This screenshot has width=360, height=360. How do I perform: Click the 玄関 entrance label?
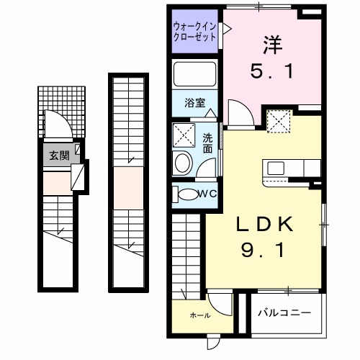(x=58, y=155)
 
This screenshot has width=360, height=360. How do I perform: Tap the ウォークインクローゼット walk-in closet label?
(x=194, y=32)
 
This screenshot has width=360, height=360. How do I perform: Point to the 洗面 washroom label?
(x=207, y=143)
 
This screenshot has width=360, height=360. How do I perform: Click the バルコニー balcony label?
(x=286, y=314)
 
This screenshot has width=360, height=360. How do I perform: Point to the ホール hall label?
(x=201, y=315)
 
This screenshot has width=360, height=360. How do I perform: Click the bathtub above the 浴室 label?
(x=194, y=75)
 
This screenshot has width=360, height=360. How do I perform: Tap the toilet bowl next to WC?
(x=188, y=193)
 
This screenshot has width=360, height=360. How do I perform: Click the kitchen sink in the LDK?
(x=276, y=168)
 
